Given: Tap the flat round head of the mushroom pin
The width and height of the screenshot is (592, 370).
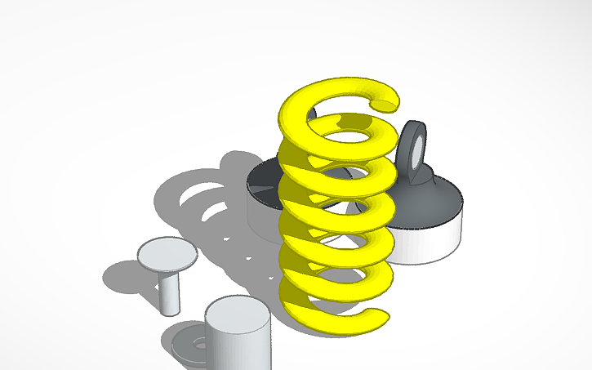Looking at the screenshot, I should pyautogui.click(x=167, y=253).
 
